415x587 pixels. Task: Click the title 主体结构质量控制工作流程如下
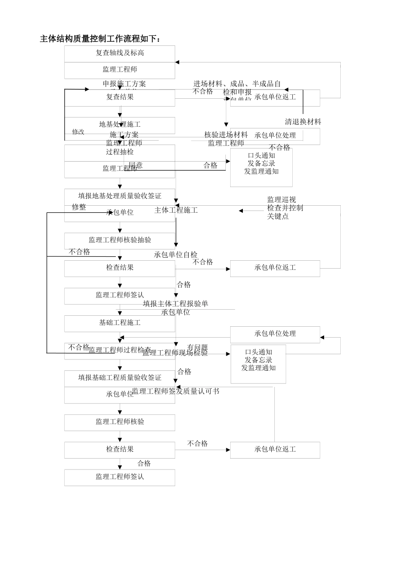pos(100,39)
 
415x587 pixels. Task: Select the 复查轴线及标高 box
pos(120,53)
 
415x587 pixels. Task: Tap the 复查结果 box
pos(120,97)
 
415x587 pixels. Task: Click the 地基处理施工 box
pos(120,125)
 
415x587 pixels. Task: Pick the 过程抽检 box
pos(120,152)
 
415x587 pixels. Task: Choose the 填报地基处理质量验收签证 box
pos(120,197)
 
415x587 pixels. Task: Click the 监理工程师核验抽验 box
pos(120,240)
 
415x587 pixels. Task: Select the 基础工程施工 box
pos(120,323)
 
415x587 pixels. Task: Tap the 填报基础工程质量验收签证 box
pos(120,378)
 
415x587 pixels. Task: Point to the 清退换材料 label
pos(303,122)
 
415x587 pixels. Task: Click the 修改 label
pos(78,132)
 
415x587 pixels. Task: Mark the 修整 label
pos(79,207)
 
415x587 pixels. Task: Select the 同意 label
pos(135,166)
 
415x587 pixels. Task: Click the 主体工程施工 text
pos(176,211)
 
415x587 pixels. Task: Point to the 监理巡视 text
pos(281,200)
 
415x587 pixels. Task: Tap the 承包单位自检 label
pos(176,255)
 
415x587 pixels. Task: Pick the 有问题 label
pos(197,348)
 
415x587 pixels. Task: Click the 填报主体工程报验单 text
pos(176,304)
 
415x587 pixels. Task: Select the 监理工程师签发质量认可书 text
pos(176,391)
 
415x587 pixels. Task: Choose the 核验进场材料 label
pos(226,135)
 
